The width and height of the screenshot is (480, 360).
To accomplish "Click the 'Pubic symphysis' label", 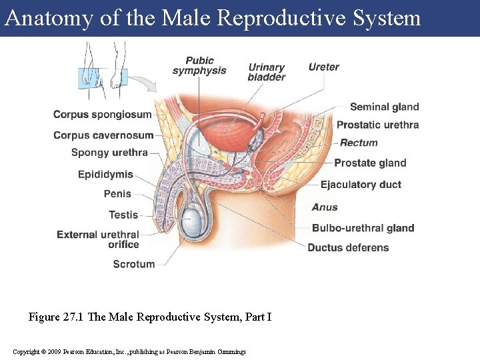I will tap(199, 65).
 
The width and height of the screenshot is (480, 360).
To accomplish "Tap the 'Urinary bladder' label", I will tap(267, 72).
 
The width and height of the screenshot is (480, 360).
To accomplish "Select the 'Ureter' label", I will tap(323, 67).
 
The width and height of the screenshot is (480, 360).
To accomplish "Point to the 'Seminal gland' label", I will tap(384, 107).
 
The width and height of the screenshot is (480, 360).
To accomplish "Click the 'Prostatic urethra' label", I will tap(377, 125).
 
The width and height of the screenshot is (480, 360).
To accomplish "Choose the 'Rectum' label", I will tap(359, 143).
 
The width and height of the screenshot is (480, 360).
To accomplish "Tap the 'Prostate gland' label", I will tap(370, 163).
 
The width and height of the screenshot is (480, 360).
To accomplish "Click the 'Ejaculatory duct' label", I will tap(361, 185).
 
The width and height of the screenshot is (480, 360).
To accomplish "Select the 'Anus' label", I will tap(325, 207).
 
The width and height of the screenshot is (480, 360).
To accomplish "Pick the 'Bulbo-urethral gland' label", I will tap(363, 228).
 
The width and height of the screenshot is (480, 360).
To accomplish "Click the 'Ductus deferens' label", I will tap(348, 247).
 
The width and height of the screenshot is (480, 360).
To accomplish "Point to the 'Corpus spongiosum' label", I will tap(103, 115).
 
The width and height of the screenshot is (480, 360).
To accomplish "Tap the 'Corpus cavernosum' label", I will tap(103, 135).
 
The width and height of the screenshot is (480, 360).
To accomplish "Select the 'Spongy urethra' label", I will tap(109, 153).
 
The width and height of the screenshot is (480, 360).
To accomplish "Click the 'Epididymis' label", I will tap(105, 175).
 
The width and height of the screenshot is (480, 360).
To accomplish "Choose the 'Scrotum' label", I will tap(133, 264).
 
